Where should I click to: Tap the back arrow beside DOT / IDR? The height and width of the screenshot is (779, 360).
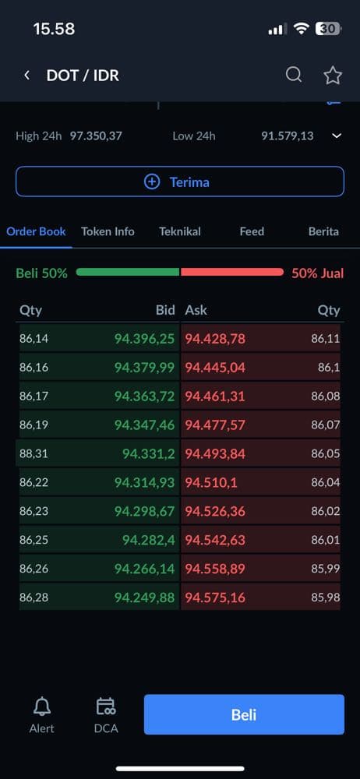pyautogui.click(x=27, y=75)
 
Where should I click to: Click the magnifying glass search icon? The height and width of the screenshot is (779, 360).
pyautogui.click(x=293, y=75)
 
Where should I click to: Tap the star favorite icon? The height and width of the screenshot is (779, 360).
pyautogui.click(x=333, y=76)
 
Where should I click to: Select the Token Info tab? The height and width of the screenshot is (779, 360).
pyautogui.click(x=108, y=231)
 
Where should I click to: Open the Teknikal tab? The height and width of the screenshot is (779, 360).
pyautogui.click(x=180, y=231)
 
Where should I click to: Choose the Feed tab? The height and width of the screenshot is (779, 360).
pyautogui.click(x=252, y=231)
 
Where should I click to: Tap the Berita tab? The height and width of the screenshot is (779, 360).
pyautogui.click(x=323, y=231)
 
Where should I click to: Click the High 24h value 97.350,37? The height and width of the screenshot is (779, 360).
pyautogui.click(x=96, y=136)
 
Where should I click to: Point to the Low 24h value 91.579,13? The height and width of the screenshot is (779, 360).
pyautogui.click(x=288, y=136)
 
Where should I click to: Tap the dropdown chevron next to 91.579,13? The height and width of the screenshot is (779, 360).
pyautogui.click(x=337, y=136)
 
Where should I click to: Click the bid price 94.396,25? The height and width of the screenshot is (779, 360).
pyautogui.click(x=145, y=339)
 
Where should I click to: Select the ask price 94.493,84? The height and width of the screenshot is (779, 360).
pyautogui.click(x=215, y=453)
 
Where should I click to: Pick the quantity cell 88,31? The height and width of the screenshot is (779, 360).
pyautogui.click(x=34, y=453)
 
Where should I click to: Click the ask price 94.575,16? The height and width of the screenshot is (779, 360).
pyautogui.click(x=215, y=597)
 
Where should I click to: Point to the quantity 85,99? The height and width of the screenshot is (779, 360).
pyautogui.click(x=326, y=569)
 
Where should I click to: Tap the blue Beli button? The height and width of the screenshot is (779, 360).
pyautogui.click(x=244, y=714)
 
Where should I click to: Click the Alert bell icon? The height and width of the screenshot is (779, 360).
pyautogui.click(x=42, y=706)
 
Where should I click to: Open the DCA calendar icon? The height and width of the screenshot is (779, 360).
pyautogui.click(x=106, y=706)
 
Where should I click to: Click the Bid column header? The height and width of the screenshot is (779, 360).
pyautogui.click(x=165, y=311)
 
